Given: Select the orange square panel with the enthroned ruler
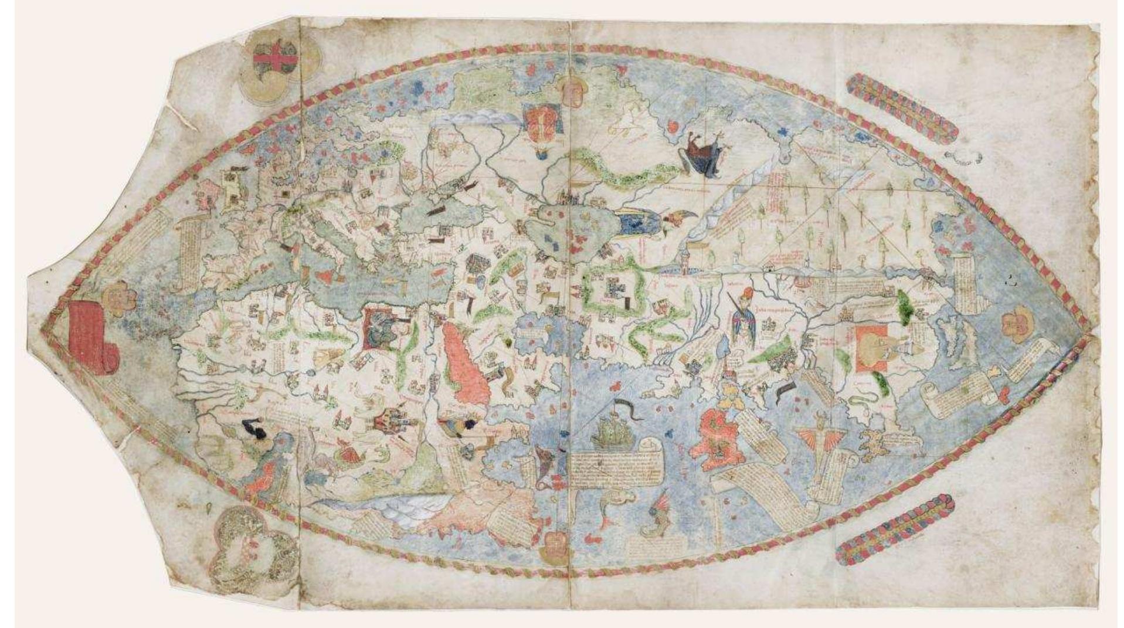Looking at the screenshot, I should point(875,349).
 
